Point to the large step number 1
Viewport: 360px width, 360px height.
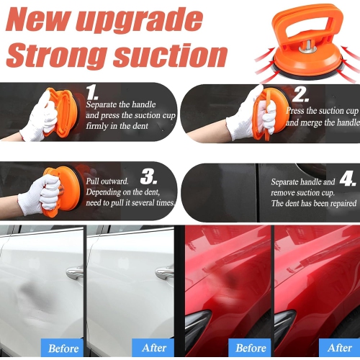94,92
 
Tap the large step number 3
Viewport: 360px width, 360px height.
148,176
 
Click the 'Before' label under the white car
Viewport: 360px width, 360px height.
63,348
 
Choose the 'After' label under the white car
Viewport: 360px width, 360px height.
153,348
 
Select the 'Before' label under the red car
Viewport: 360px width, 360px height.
251,348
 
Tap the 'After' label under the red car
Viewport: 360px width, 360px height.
339,348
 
